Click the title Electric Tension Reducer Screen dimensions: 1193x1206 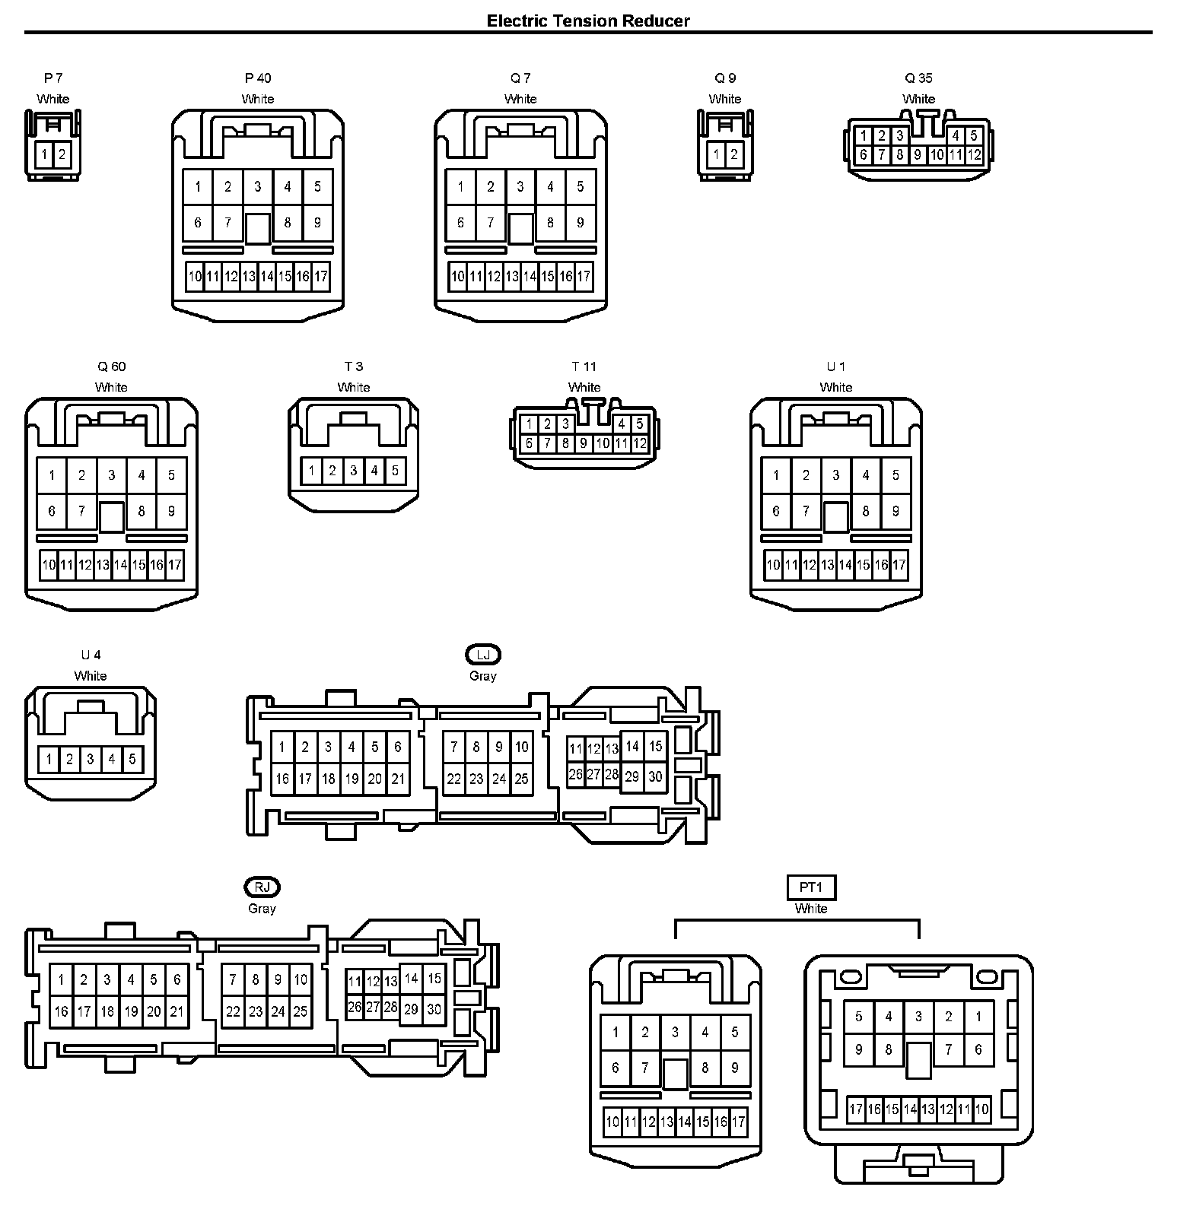coord(588,21)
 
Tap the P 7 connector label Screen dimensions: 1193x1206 coord(53,78)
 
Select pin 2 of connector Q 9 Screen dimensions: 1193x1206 coord(733,155)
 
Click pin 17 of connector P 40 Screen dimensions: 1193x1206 coord(320,276)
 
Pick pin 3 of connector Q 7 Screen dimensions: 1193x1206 coord(520,187)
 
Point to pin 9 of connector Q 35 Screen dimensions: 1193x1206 coord(918,155)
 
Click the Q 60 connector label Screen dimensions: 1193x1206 coord(111,367)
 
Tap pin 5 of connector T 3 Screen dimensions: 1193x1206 coord(395,471)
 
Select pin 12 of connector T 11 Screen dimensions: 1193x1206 coord(640,443)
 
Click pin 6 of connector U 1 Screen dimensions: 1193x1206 coord(776,511)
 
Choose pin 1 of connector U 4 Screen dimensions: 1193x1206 coord(49,759)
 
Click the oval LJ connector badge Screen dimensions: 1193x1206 coord(483,655)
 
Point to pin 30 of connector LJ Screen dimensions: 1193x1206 coord(655,776)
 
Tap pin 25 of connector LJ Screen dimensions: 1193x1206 coord(521,779)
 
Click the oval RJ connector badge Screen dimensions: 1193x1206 coord(262,887)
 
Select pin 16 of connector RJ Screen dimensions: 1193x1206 coord(61,1011)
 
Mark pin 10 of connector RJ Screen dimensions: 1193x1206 coord(301,979)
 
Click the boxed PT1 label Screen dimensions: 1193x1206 coord(811,887)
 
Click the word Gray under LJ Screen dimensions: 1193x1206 coord(483,676)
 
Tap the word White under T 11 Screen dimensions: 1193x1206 coord(584,387)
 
